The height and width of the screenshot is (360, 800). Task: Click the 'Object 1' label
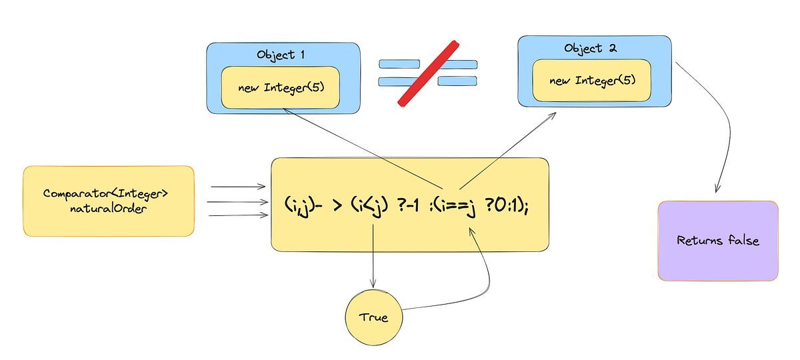point(281,55)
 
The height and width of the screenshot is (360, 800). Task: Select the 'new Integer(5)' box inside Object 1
point(281,87)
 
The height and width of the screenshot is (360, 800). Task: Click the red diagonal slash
point(428,73)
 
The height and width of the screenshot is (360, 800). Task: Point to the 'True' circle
point(373,317)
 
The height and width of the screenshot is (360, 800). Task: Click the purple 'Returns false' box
point(717,240)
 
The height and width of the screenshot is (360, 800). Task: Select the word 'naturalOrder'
point(110,208)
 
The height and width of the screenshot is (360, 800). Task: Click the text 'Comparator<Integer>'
point(106,193)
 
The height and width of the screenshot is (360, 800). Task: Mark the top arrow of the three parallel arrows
point(237,188)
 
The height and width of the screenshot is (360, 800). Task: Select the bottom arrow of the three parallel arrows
point(237,215)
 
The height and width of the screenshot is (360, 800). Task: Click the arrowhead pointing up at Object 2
point(554,115)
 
